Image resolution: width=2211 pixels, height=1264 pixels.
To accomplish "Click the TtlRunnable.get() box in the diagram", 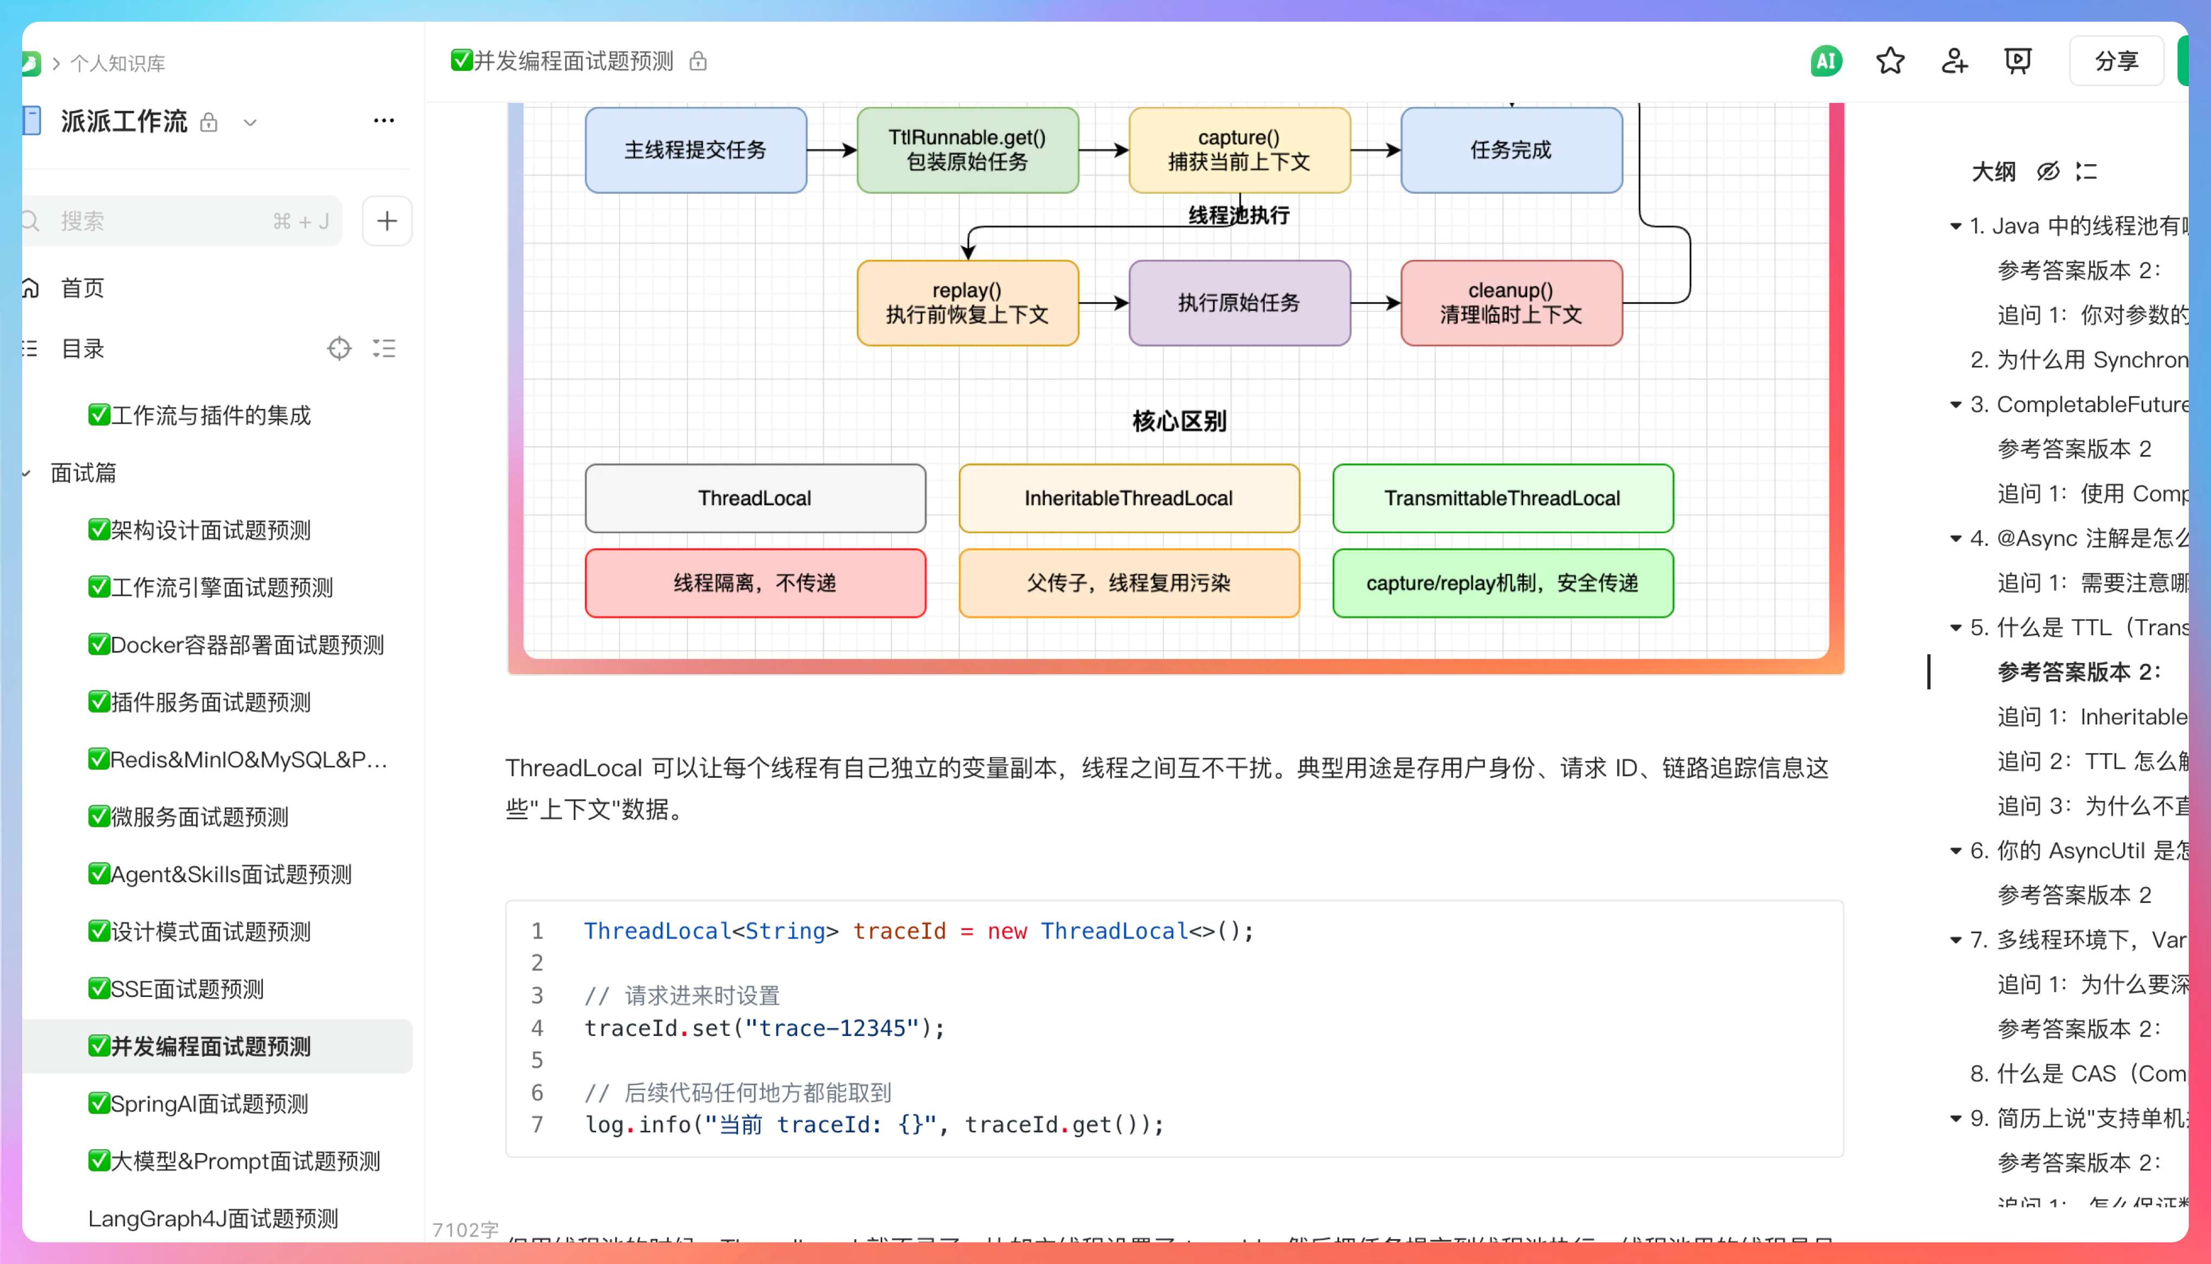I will [967, 150].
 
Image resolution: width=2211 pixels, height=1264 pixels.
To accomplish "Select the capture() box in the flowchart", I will [1239, 150].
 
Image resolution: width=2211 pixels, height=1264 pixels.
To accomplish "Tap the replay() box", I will [967, 303].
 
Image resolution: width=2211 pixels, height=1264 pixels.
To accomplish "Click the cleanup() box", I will [1511, 303].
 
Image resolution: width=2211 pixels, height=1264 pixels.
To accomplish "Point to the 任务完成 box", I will [1511, 150].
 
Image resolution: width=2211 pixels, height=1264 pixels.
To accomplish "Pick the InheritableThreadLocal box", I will [1129, 498].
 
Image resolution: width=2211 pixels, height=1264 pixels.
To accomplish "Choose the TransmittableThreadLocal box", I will [1502, 498].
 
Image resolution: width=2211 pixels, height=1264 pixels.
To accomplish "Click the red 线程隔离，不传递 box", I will [755, 583].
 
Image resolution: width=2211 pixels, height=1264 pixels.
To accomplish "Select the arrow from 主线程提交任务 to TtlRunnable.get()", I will [831, 150].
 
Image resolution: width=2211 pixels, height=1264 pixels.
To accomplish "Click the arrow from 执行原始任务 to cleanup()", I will [1375, 303].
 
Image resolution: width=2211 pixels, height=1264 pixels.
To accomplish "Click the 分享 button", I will [2116, 61].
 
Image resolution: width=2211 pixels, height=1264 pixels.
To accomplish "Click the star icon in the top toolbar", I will [1890, 61].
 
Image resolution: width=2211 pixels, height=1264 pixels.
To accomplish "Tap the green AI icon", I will [1825, 61].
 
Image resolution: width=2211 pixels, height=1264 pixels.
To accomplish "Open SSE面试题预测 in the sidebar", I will [187, 989].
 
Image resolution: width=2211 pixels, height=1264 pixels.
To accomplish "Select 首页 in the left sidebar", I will [82, 288].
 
